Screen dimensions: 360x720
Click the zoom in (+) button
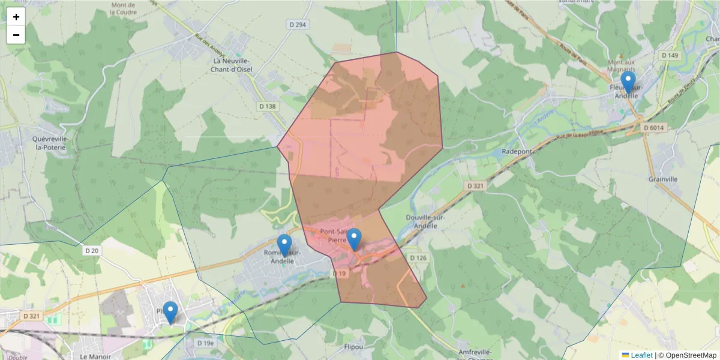(16, 17)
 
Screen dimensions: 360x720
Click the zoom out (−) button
(16, 35)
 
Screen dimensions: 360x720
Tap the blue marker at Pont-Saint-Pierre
(354, 239)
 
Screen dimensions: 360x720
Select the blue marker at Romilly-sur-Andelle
(284, 245)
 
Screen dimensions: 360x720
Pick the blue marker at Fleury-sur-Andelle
(628, 82)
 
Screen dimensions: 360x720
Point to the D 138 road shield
(268, 106)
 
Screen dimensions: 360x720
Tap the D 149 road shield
(670, 55)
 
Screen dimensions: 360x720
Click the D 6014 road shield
(654, 128)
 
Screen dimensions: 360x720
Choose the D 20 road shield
(91, 250)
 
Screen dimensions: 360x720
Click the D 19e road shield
(205, 343)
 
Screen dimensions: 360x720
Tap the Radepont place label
(517, 152)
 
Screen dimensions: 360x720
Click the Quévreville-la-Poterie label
(52, 143)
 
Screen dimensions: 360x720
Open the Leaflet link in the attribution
(641, 355)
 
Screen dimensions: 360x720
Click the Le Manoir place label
(93, 356)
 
